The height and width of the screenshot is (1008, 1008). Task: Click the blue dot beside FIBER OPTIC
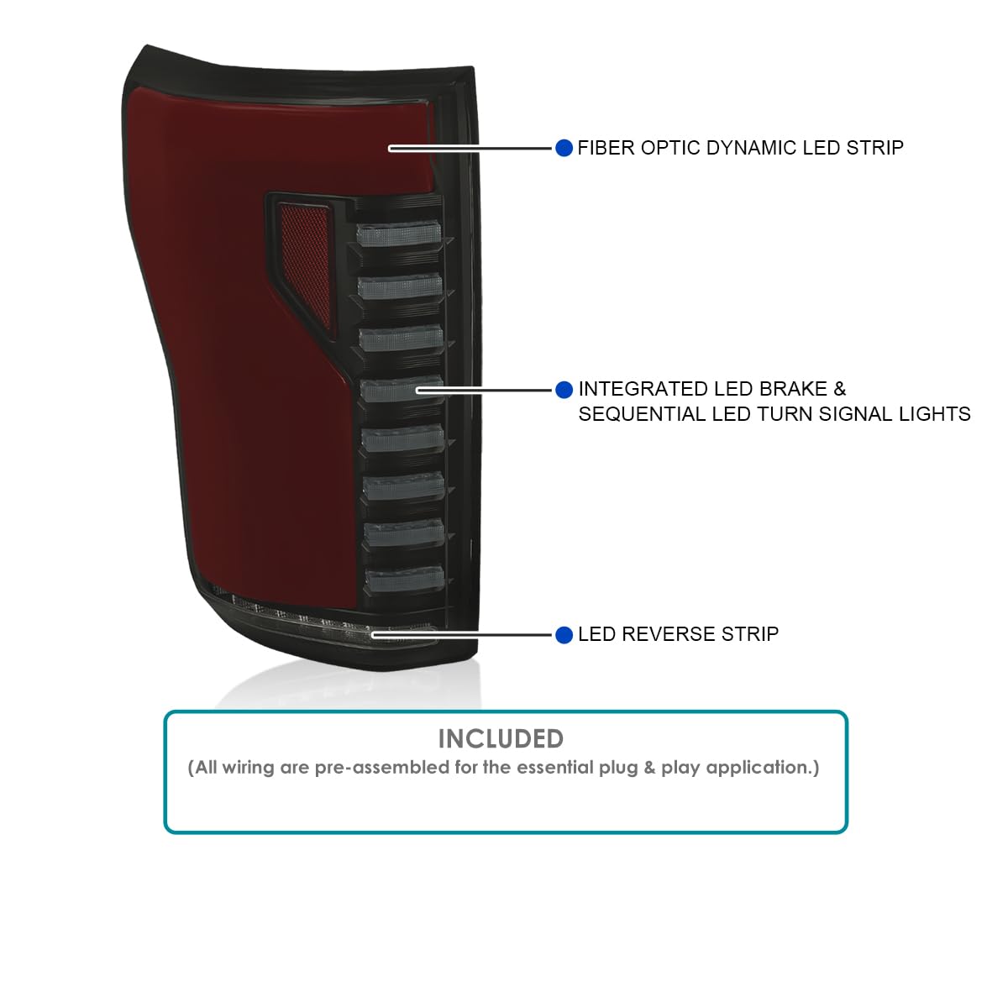(x=564, y=148)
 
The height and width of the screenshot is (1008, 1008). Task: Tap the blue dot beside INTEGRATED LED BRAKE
(x=564, y=390)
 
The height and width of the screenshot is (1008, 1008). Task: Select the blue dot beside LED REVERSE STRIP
(x=564, y=635)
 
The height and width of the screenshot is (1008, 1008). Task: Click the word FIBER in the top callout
(x=606, y=148)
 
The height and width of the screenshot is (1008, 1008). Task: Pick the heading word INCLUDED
(x=501, y=739)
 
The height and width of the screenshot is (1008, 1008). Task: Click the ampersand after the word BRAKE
(x=839, y=389)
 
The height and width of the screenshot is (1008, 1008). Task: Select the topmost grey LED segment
(x=399, y=234)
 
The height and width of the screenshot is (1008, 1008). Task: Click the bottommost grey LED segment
(x=405, y=580)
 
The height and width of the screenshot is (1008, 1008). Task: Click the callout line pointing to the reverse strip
(x=461, y=635)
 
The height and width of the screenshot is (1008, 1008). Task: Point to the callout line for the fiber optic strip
(x=470, y=149)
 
